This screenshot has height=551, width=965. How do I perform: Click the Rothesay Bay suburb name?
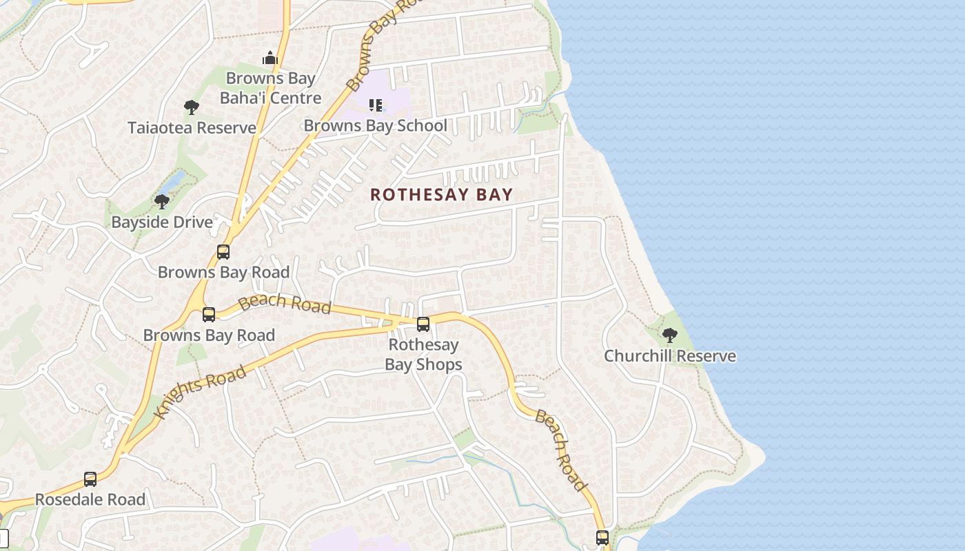coord(441,194)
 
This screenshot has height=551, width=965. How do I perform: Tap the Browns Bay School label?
coord(375,125)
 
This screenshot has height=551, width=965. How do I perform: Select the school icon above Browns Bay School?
coord(376,105)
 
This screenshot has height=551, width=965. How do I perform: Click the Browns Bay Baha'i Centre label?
coord(270,88)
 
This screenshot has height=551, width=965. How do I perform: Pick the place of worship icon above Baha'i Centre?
coord(270,59)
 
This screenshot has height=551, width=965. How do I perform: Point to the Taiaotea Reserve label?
coord(192,127)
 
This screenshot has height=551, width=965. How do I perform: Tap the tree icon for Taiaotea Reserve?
coord(192,107)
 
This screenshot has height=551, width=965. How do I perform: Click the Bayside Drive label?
coord(162,222)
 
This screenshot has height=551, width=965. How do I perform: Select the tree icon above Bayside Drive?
coord(162,202)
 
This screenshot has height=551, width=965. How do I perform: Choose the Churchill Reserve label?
coord(670,356)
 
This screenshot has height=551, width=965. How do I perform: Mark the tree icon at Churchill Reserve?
coord(669,335)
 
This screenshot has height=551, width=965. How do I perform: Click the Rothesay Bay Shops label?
coord(423,354)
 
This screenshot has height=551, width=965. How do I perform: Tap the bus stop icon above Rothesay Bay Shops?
coord(423,324)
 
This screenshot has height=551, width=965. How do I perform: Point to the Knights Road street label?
coord(201,392)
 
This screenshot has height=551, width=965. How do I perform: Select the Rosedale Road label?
coord(90,499)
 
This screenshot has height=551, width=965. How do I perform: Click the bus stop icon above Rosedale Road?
coord(90,479)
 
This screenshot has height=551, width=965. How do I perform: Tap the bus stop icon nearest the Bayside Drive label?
coord(223,252)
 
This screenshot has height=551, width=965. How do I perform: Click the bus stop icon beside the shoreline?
coord(602,538)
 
